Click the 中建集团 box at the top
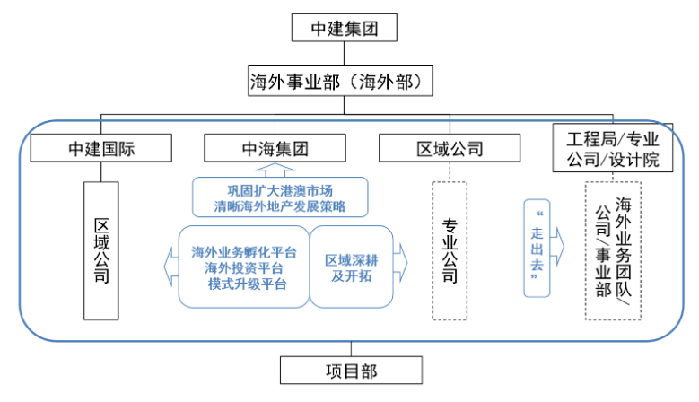pos(344,28)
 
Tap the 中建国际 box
pos(101,148)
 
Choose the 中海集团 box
pos(275,148)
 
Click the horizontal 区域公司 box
pos(450,148)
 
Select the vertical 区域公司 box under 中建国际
pos(101,250)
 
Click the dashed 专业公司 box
pos(450,250)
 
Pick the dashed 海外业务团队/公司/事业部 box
pos(612,250)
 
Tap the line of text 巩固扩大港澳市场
pos(279,189)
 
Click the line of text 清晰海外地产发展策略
pos(279,206)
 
